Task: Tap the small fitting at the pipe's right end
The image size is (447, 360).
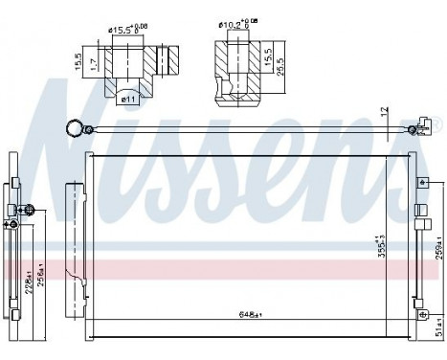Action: (x=413, y=130)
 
